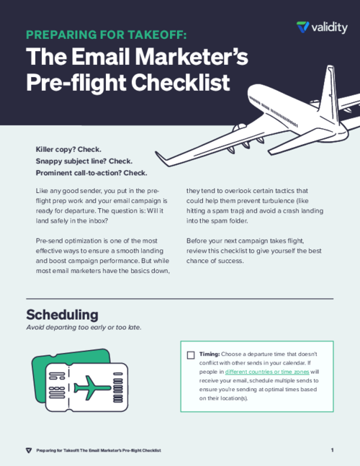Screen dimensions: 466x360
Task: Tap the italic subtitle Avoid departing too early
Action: click(x=84, y=327)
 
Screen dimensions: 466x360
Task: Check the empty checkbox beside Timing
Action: click(x=191, y=355)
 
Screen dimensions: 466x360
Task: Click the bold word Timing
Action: click(x=210, y=355)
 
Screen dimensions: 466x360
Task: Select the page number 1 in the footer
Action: click(x=332, y=450)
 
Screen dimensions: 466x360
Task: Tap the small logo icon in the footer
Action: click(x=28, y=450)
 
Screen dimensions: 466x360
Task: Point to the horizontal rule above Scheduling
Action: click(x=179, y=298)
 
